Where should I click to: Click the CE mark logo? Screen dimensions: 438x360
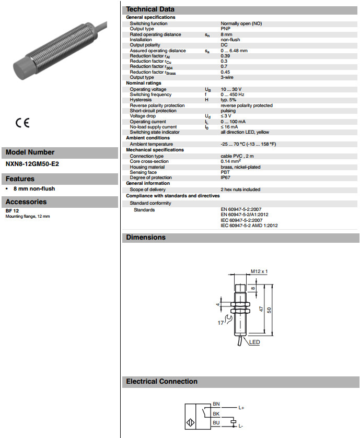(x=22, y=123)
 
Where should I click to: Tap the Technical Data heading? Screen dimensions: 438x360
(x=150, y=9)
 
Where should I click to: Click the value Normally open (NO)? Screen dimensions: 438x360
(x=241, y=23)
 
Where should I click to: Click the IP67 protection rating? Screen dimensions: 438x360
(x=226, y=178)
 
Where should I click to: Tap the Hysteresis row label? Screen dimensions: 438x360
(x=142, y=100)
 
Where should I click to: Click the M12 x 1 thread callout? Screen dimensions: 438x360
(x=259, y=271)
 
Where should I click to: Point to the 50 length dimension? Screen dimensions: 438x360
(x=269, y=309)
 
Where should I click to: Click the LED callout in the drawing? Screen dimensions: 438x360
(x=254, y=342)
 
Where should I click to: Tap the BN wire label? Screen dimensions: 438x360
(x=216, y=404)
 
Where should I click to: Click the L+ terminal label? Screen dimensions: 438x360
(x=241, y=408)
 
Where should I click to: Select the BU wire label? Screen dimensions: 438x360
(x=216, y=422)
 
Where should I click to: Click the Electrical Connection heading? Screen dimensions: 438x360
(x=162, y=382)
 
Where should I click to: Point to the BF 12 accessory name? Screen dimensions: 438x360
(x=13, y=211)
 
